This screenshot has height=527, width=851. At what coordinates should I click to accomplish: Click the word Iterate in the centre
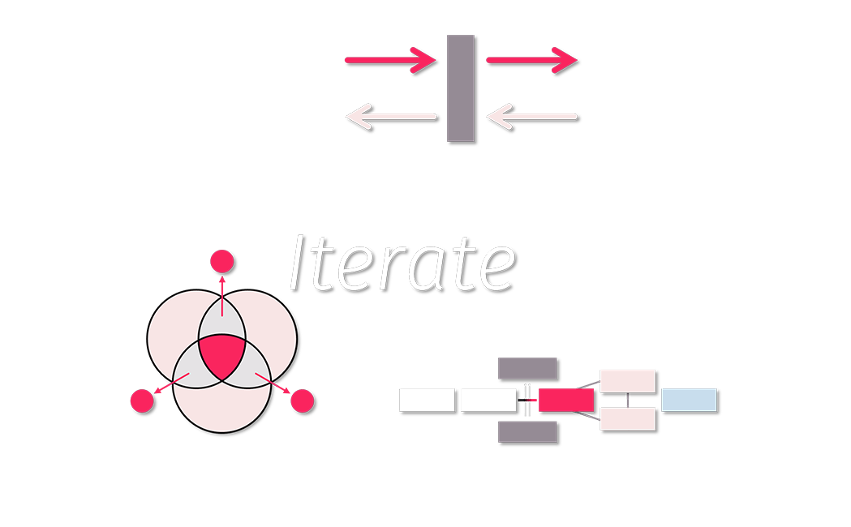402,262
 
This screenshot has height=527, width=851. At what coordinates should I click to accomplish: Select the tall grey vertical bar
461,88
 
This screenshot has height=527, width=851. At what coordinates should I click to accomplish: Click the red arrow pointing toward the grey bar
390,60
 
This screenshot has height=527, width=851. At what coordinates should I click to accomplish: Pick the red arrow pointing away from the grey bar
531,60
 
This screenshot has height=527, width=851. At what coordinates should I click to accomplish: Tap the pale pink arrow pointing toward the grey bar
531,117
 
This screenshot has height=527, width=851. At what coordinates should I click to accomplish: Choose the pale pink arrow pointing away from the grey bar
390,117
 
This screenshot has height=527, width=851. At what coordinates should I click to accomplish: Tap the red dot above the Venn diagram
222,262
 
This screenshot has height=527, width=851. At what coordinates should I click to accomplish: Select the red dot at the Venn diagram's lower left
142,401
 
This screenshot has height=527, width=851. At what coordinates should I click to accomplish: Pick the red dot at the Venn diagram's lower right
302,401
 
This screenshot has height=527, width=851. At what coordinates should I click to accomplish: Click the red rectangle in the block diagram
566,400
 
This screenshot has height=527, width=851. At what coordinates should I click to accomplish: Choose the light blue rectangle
689,400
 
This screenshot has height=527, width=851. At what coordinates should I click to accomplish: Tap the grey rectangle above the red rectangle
527,368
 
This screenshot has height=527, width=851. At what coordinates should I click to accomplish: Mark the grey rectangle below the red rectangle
527,431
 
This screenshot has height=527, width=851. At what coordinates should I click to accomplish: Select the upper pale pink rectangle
627,380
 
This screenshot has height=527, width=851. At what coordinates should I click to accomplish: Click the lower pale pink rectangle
627,418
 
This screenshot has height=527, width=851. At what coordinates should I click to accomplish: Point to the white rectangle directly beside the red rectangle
488,400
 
